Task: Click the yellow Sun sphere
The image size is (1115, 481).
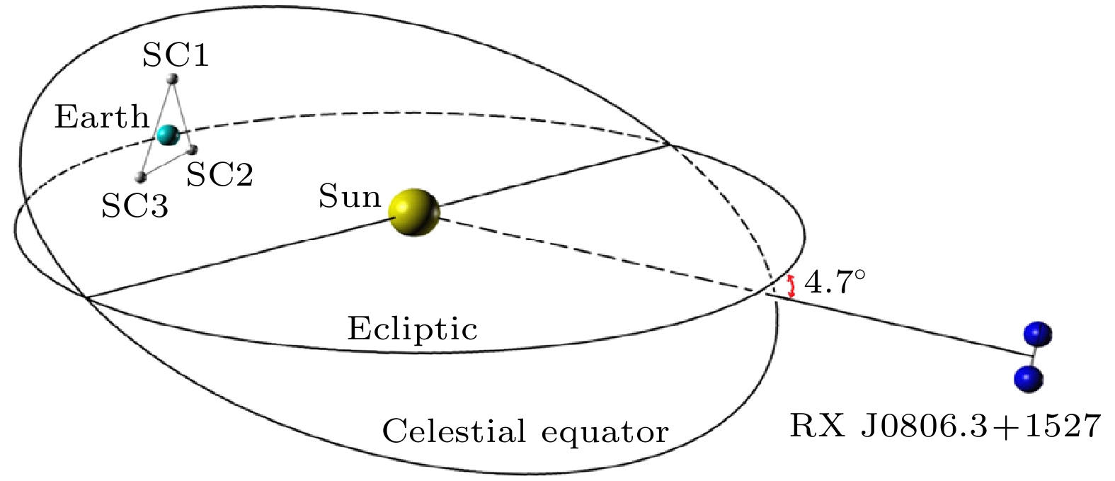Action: pyautogui.click(x=414, y=213)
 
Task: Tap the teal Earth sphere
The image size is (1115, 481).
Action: pyautogui.click(x=168, y=135)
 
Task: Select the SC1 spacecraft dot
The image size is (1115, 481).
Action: pyautogui.click(x=172, y=79)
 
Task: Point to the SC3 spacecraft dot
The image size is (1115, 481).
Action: pyautogui.click(x=141, y=177)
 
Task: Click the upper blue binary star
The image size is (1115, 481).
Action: pyautogui.click(x=1038, y=334)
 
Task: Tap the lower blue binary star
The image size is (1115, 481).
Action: pyautogui.click(x=1029, y=380)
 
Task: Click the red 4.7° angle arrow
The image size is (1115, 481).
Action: pyautogui.click(x=791, y=286)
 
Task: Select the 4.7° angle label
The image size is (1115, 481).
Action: pyautogui.click(x=834, y=282)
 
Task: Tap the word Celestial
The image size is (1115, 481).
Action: pyautogui.click(x=454, y=431)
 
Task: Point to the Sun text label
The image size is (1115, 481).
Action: pyautogui.click(x=350, y=196)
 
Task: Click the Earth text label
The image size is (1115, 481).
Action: pyautogui.click(x=102, y=118)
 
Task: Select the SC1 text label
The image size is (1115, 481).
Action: pyautogui.click(x=176, y=55)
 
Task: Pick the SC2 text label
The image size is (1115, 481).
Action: pyautogui.click(x=219, y=174)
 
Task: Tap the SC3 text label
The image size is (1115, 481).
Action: pyautogui.click(x=135, y=205)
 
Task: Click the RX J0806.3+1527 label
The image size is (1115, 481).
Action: pyautogui.click(x=945, y=426)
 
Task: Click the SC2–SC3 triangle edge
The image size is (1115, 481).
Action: pyautogui.click(x=167, y=163)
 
